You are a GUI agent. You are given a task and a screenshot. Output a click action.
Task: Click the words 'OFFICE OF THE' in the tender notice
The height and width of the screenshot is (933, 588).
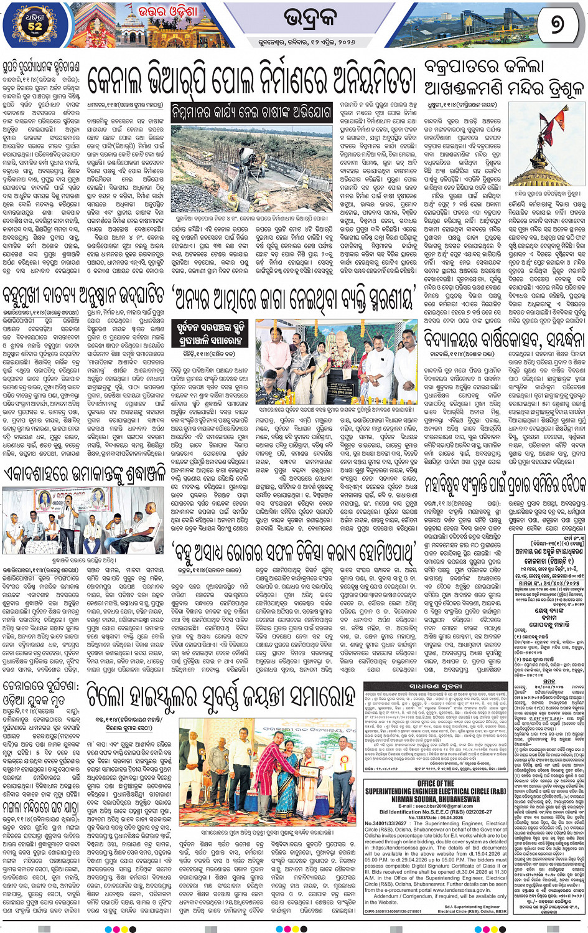(436, 784)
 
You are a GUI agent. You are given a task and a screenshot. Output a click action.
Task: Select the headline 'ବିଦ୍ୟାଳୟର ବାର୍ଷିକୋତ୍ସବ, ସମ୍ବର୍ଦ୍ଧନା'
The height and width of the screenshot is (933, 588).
(504, 339)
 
